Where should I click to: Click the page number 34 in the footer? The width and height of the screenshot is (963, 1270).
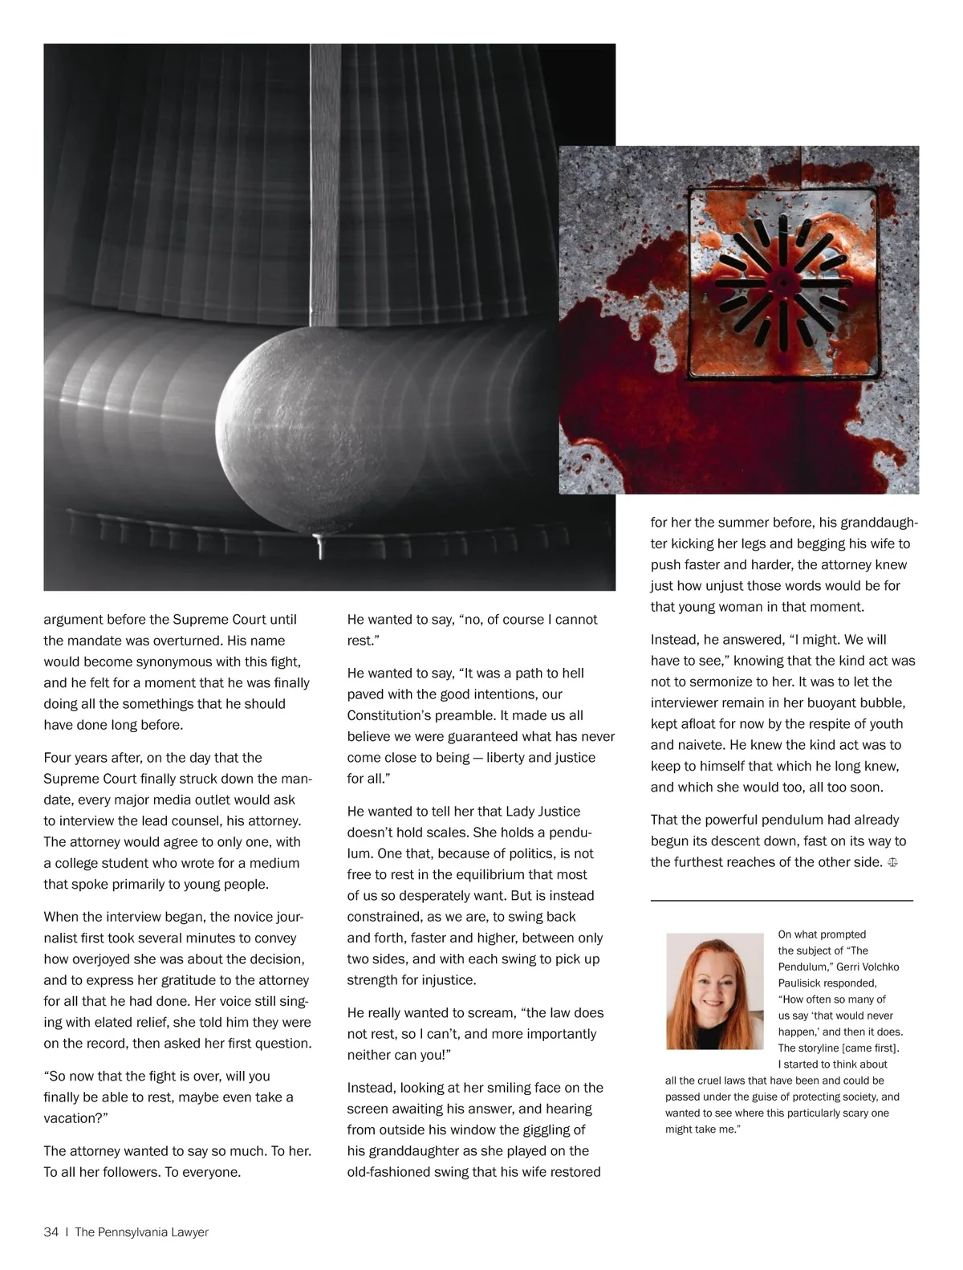51,1232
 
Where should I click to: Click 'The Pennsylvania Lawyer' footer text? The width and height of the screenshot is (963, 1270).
141,1232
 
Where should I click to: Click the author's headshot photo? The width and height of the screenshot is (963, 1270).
714,991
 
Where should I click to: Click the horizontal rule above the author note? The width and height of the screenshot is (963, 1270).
781,901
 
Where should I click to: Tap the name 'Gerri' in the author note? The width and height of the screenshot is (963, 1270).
851,967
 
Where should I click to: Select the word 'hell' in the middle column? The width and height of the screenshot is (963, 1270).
571,673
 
